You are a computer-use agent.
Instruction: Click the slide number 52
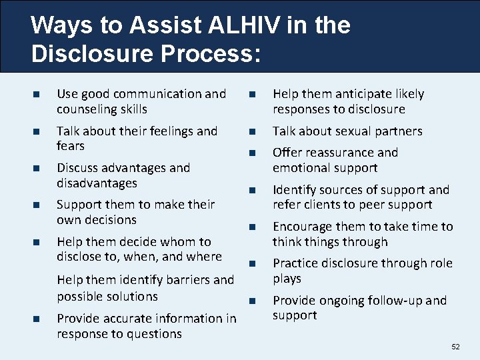click(x=455, y=347)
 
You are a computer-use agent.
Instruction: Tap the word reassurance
click(x=340, y=153)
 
